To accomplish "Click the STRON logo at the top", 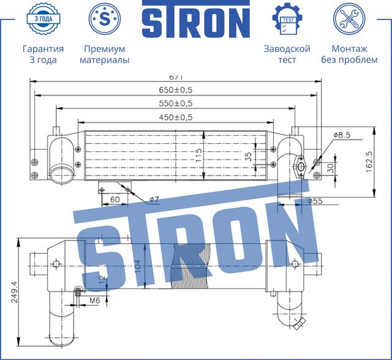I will [x=196, y=21].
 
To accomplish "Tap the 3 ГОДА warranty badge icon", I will [x=42, y=19].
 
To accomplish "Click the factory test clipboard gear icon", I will [x=287, y=19].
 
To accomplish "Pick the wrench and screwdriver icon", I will [x=350, y=19].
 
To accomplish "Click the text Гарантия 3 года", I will [x=43, y=54].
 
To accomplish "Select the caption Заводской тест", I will [x=287, y=54].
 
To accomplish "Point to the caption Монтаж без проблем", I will [x=350, y=54].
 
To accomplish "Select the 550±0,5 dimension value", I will [x=175, y=103].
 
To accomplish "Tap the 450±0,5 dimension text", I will [x=175, y=116].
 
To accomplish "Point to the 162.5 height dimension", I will [x=369, y=162].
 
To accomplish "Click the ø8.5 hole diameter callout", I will [x=341, y=135].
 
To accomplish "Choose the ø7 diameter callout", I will [x=154, y=200].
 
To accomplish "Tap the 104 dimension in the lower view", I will [x=138, y=265].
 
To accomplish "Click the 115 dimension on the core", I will [x=198, y=156].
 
